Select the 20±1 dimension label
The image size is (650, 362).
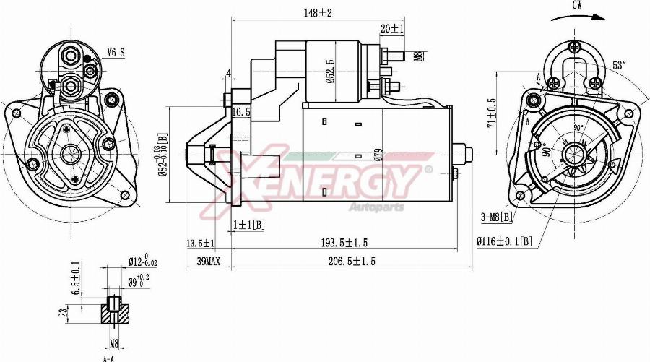pyautogui.click(x=392, y=28)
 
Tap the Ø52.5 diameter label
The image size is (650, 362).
pyautogui.click(x=329, y=71)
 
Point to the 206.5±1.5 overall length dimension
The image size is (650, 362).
pyautogui.click(x=352, y=261)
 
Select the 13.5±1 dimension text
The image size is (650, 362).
pyautogui.click(x=200, y=242)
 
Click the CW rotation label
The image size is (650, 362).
pyautogui.click(x=578, y=5)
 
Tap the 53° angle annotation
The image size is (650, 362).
pyautogui.click(x=619, y=64)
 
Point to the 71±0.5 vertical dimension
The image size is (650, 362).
pyautogui.click(x=491, y=113)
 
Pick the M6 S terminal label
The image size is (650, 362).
pyautogui.click(x=116, y=52)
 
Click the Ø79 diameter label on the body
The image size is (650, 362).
pyautogui.click(x=378, y=154)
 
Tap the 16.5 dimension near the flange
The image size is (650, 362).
pyautogui.click(x=241, y=112)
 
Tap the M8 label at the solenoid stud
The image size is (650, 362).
pyautogui.click(x=418, y=56)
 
